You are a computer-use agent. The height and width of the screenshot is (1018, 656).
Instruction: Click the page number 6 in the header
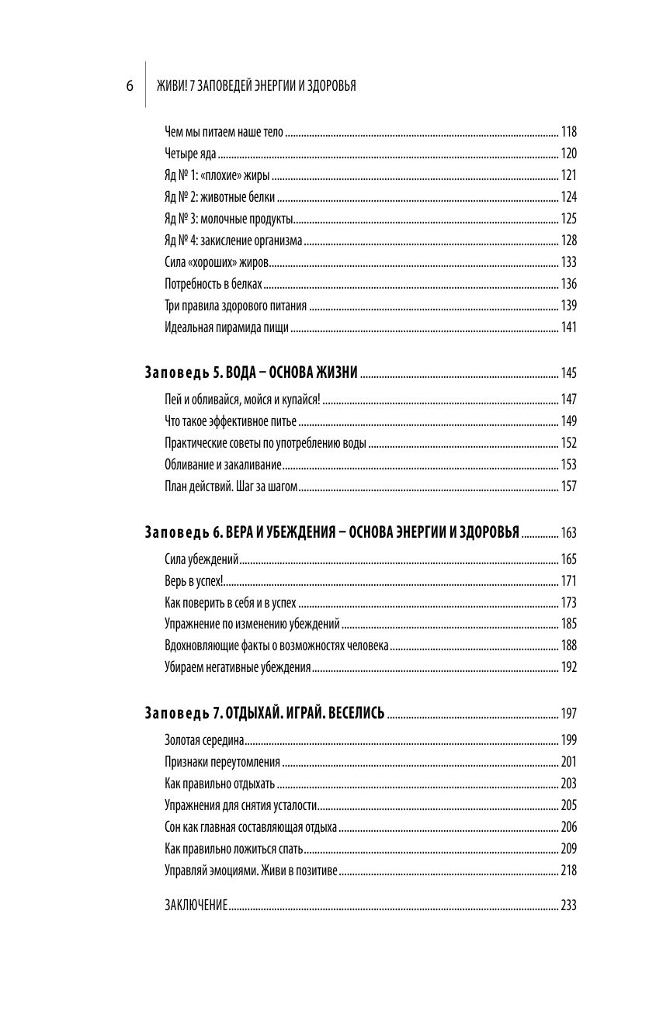(130, 85)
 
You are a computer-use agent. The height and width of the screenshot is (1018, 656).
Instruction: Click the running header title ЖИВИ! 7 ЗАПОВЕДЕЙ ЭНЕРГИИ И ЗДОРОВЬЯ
(256, 85)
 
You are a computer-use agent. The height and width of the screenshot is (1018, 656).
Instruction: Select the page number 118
(569, 131)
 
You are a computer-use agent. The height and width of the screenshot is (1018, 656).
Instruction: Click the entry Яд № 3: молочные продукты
(229, 218)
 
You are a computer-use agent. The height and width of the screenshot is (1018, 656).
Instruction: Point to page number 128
(569, 240)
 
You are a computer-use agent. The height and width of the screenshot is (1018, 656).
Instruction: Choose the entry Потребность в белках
(213, 283)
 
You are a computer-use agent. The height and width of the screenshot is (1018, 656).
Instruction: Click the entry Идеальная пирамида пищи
(227, 327)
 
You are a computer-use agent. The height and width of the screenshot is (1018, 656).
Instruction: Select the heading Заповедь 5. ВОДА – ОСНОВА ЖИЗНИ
(251, 373)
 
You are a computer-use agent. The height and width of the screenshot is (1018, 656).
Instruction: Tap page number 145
(569, 373)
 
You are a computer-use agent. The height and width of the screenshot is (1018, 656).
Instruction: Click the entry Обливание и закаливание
(222, 465)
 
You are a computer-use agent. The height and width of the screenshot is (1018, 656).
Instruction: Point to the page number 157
(569, 486)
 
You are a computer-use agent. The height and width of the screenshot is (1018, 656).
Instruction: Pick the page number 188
(569, 646)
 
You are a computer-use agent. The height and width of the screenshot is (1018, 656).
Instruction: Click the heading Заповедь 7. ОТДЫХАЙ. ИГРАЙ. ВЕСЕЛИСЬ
(265, 713)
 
